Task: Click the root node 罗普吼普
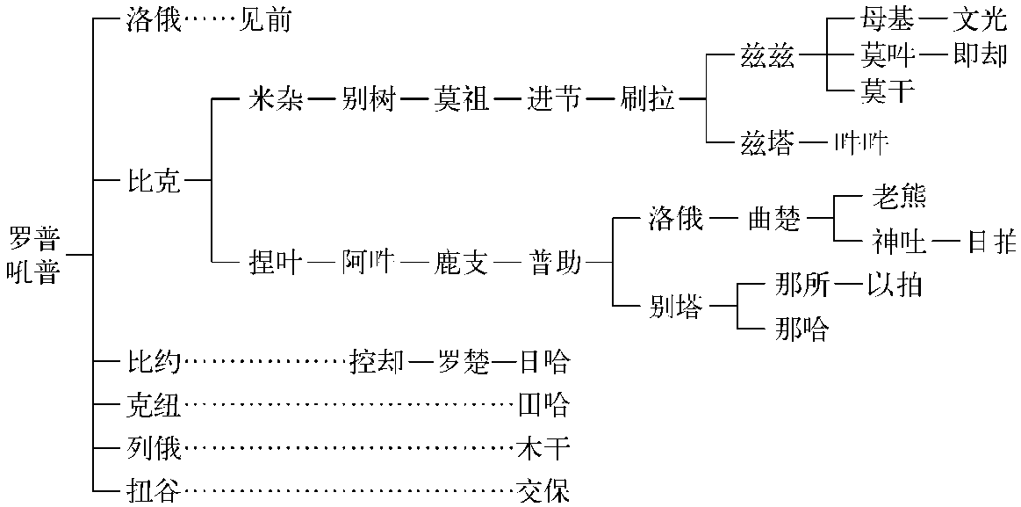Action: pyautogui.click(x=33, y=255)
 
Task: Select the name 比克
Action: pyautogui.click(x=154, y=182)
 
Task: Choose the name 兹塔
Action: pyautogui.click(x=766, y=141)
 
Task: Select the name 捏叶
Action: pyautogui.click(x=277, y=262)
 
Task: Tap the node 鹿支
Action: pyautogui.click(x=460, y=262)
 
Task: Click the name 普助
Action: pyautogui.click(x=555, y=262)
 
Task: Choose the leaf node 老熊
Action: pyautogui.click(x=899, y=197)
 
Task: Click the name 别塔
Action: pyautogui.click(x=676, y=308)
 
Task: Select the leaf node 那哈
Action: pyautogui.click(x=802, y=330)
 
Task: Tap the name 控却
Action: pyautogui.click(x=377, y=361)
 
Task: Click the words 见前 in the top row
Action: pyautogui.click(x=265, y=20)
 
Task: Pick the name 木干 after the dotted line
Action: pyautogui.click(x=543, y=449)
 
